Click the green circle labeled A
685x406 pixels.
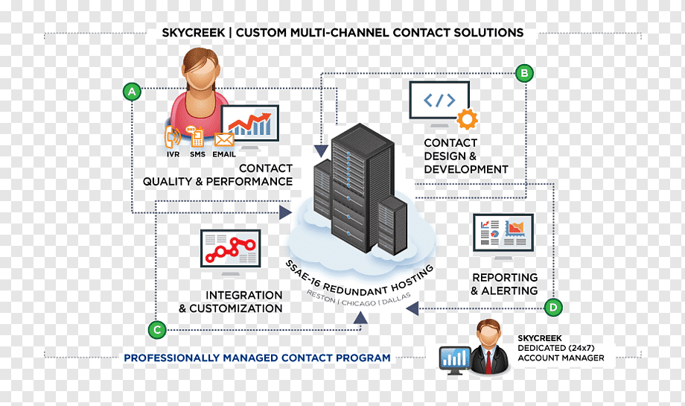(x=132, y=92)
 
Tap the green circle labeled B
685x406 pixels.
(x=524, y=73)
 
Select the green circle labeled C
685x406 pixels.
(x=157, y=329)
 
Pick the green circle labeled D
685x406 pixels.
(x=553, y=307)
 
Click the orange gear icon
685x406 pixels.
(x=467, y=119)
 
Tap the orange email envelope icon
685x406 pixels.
(x=223, y=140)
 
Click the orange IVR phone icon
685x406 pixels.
(x=173, y=137)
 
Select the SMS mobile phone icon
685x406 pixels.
(x=196, y=136)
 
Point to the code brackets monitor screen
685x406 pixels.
(x=439, y=101)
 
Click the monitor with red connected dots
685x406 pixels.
(x=230, y=248)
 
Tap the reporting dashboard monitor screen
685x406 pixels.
(x=503, y=232)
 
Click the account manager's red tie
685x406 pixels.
(x=488, y=361)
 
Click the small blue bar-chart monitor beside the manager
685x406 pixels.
(x=455, y=358)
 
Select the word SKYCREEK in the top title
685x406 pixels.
(x=194, y=33)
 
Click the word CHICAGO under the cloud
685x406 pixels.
(x=359, y=303)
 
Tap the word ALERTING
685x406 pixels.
(x=509, y=291)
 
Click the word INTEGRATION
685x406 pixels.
(x=243, y=295)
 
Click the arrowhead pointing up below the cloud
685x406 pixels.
(x=360, y=317)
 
